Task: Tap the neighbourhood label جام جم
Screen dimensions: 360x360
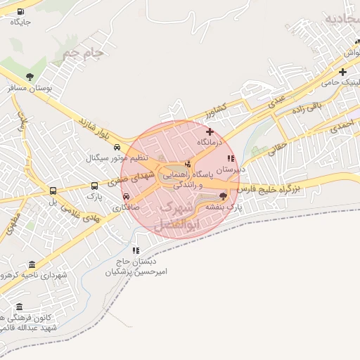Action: coord(82,52)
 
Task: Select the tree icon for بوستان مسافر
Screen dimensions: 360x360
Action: coord(30,77)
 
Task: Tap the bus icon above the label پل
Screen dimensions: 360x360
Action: coord(53,191)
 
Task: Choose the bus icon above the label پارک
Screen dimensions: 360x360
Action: coord(95,186)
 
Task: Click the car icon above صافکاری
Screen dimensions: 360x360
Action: coord(127,197)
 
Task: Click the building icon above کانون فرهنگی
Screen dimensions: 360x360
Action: coord(18,307)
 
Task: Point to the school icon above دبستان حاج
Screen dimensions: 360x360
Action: coord(135,250)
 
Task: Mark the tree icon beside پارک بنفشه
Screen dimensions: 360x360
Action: coord(224,196)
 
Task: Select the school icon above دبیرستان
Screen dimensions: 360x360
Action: coord(231,159)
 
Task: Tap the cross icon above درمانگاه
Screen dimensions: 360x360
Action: coord(210,131)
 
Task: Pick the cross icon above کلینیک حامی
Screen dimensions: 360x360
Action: coord(342,72)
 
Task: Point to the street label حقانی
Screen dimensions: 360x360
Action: coord(279,148)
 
